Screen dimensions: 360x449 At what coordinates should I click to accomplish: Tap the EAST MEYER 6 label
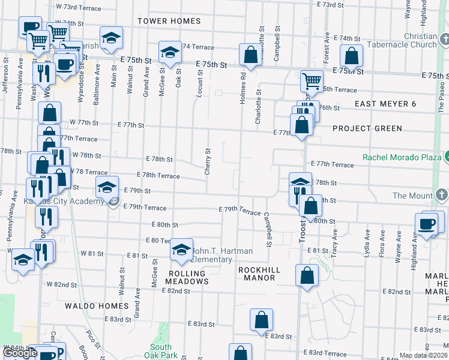click(x=385, y=104)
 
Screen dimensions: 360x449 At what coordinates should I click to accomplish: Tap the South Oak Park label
click(x=161, y=351)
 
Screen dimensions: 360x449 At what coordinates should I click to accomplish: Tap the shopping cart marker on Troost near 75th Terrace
click(x=311, y=80)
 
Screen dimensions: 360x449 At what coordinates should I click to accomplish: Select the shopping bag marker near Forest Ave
click(x=352, y=56)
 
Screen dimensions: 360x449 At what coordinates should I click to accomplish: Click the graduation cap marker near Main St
click(x=111, y=38)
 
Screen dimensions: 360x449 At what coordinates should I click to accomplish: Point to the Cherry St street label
click(x=208, y=162)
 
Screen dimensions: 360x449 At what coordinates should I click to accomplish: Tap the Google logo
click(x=20, y=353)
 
